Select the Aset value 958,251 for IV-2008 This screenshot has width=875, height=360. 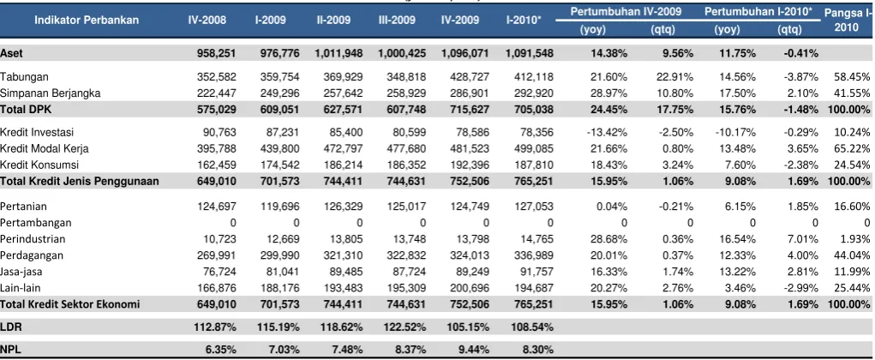(217, 53)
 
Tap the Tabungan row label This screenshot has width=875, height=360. (21, 77)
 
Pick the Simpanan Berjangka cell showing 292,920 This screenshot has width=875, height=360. (534, 93)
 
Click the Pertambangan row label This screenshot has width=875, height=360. (36, 223)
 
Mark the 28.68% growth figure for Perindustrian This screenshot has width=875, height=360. (612, 239)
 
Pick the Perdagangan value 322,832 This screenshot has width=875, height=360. (406, 255)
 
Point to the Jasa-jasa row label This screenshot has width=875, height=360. (21, 272)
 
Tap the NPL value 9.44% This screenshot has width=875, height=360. (476, 350)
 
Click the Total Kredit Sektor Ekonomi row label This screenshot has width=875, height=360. (69, 305)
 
